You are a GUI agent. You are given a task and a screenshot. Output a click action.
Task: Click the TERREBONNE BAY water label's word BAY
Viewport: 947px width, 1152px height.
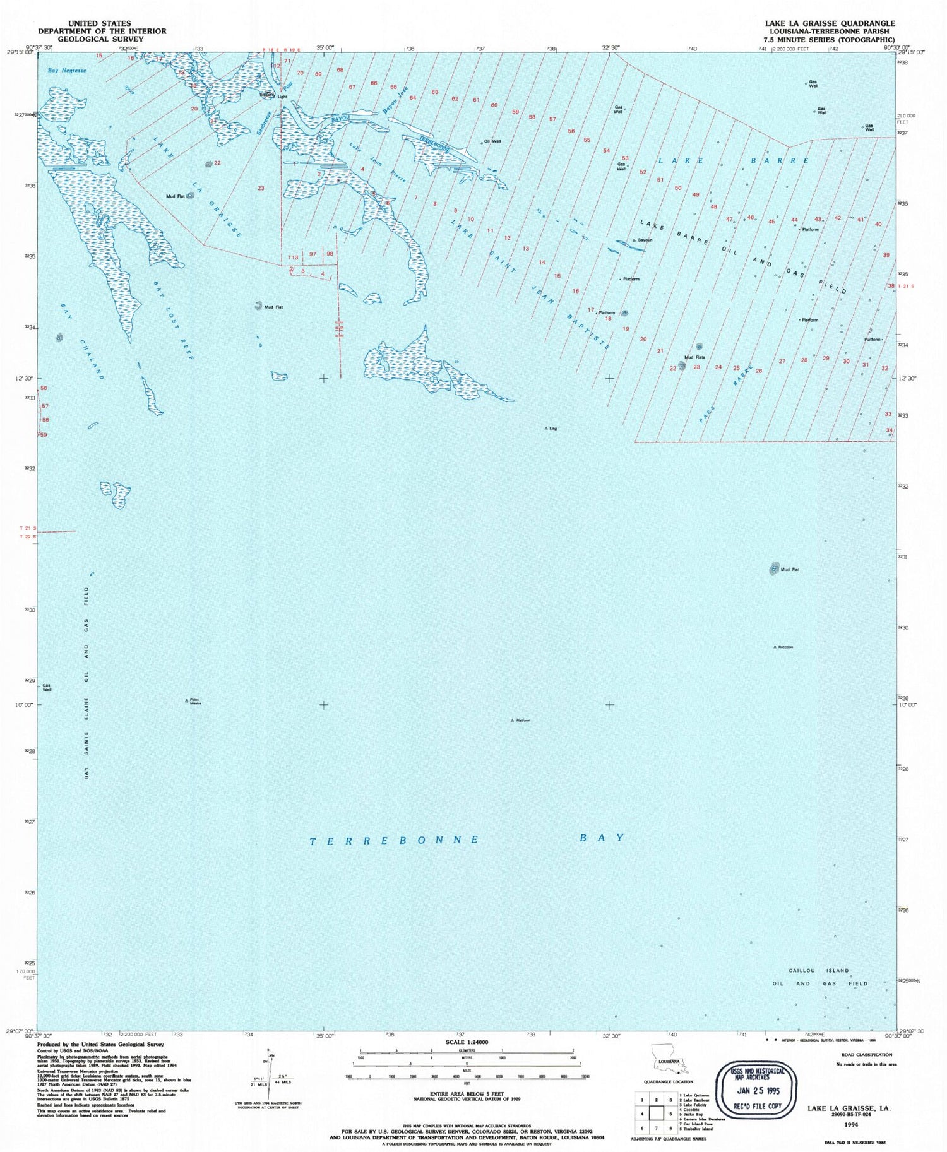(602, 838)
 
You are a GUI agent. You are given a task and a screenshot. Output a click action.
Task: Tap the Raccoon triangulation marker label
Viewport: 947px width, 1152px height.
(785, 647)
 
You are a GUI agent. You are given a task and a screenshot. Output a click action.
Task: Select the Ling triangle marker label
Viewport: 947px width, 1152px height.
(552, 429)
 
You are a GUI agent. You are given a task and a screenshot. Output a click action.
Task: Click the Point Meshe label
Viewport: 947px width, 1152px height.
(195, 701)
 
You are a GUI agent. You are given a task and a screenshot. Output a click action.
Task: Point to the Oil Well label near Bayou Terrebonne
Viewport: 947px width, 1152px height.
(492, 141)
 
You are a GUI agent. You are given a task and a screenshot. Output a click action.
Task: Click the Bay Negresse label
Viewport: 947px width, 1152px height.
(67, 71)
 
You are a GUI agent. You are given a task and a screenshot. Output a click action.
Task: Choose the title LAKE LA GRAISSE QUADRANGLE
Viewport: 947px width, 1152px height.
(830, 23)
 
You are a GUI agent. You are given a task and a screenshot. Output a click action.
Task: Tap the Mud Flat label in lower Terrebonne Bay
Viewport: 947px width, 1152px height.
(790, 569)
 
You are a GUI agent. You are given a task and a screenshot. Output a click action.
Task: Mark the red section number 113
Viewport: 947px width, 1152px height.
(293, 258)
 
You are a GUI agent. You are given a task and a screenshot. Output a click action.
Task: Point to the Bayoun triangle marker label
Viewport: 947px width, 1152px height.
(645, 240)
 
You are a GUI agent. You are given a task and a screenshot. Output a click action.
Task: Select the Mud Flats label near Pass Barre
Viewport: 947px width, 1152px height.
(694, 357)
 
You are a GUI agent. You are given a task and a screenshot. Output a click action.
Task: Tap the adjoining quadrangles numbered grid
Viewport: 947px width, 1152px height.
(656, 1113)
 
